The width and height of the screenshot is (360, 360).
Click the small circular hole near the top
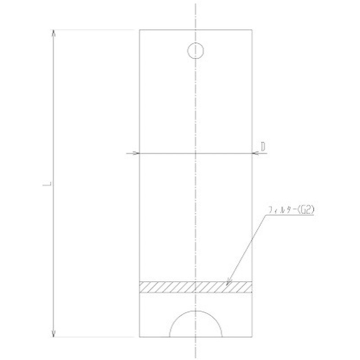pyautogui.click(x=196, y=50)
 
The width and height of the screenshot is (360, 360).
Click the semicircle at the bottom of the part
pyautogui.click(x=196, y=325)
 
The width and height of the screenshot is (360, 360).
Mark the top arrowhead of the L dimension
pyautogui.click(x=54, y=32)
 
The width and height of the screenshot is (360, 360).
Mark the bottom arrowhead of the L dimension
pyautogui.click(x=54, y=334)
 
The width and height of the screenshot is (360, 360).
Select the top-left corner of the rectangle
pyautogui.click(x=139, y=30)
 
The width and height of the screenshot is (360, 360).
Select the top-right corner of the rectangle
pyautogui.click(x=252, y=30)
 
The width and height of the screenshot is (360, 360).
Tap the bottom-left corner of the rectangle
pyautogui.click(x=139, y=337)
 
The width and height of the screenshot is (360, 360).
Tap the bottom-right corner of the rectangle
pyautogui.click(x=252, y=337)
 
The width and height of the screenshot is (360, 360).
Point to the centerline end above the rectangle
pyautogui.click(x=196, y=4)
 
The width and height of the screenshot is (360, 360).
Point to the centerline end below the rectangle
pyautogui.click(x=196, y=355)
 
